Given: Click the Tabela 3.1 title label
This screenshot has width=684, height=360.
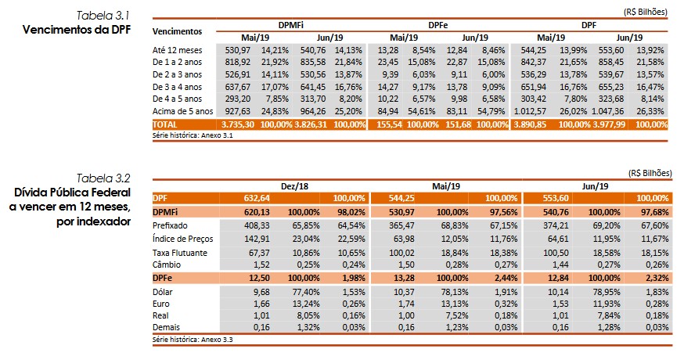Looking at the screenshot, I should pyautogui.click(x=103, y=16).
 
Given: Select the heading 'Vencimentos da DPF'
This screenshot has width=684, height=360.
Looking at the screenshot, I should pyautogui.click(x=76, y=29).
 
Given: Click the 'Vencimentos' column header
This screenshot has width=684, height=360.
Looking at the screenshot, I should pyautogui.click(x=177, y=31).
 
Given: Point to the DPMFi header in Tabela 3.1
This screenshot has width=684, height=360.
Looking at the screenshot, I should pyautogui.click(x=292, y=25).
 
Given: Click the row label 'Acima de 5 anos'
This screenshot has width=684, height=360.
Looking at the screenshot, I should pyautogui.click(x=182, y=111).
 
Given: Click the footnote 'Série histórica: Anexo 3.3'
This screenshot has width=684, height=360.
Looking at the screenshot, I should pyautogui.click(x=193, y=340).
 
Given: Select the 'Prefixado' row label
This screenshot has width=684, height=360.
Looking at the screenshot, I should pyautogui.click(x=171, y=225).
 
